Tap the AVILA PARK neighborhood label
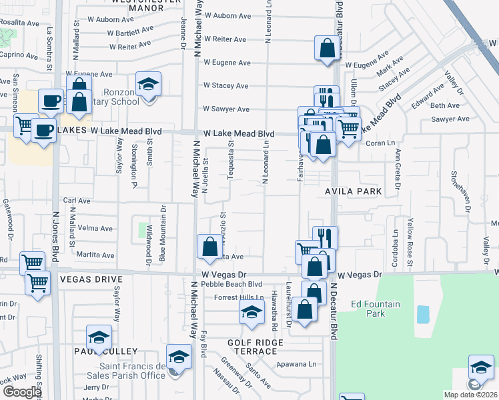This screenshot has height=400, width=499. click(354, 191)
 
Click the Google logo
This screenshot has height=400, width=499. click(22, 392)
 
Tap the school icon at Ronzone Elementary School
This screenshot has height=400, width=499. click(149, 84)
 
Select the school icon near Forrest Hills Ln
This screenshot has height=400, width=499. click(251, 312)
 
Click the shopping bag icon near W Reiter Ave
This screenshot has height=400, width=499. click(327, 48)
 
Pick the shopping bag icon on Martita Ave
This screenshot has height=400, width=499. click(209, 247)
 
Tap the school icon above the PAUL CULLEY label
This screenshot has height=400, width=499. click(98, 337)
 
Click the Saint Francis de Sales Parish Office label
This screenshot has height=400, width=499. click(132, 371)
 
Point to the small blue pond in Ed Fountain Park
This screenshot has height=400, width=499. click(423, 314)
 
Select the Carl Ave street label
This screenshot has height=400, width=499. click(76, 200)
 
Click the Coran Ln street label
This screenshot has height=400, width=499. click(378, 142)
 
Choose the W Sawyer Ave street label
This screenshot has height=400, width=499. click(226, 109)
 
